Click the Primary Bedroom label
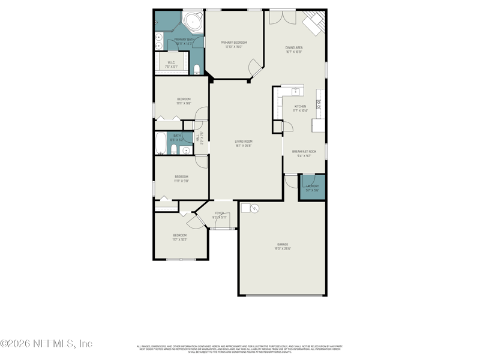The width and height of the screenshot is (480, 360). coord(233,43)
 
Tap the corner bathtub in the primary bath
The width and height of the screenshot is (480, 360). coord(193,22)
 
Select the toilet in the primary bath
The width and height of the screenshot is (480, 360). coord(196,67)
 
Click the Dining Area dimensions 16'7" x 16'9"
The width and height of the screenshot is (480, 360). coord(293,52)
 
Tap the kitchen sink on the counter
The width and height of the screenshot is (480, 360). coord(295,91)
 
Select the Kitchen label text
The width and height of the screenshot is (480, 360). coord(300,106)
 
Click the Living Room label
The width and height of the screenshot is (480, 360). coord(243,141)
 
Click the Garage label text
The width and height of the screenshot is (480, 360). coord(282,244)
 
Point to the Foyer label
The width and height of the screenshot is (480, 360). coord(220,212)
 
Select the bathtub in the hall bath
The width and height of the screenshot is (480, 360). coord(161,144)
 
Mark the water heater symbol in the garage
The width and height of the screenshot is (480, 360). coord(254,209)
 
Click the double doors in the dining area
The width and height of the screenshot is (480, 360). coord(281,17)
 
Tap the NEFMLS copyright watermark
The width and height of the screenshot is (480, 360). coord(46,344)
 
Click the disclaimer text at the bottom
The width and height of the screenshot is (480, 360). coord(239,348)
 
